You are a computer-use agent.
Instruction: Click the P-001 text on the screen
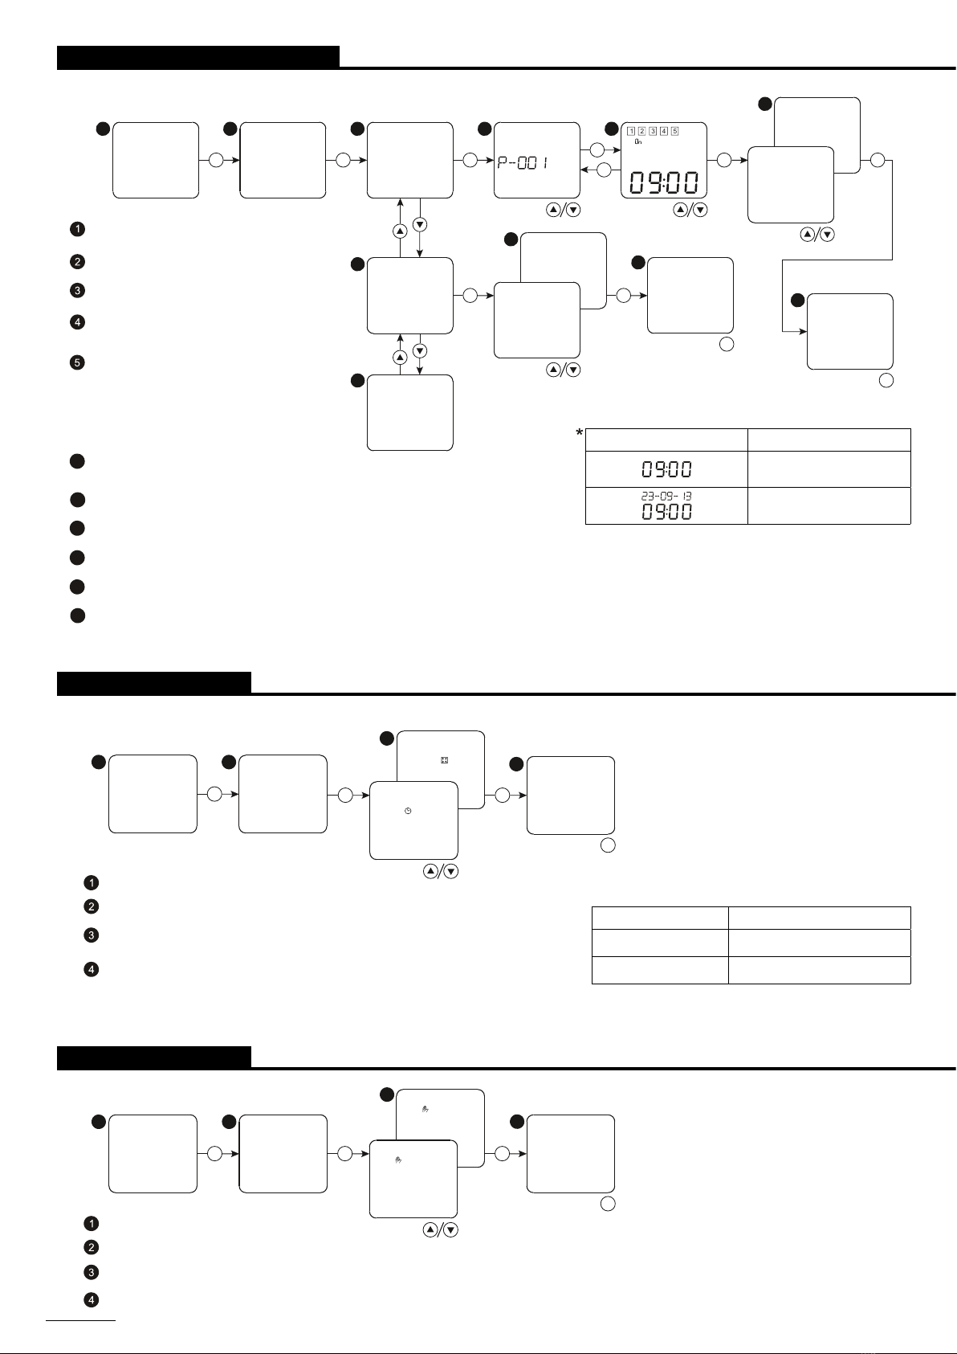pyautogui.click(x=523, y=162)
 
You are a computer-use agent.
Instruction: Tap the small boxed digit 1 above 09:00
pyautogui.click(x=631, y=131)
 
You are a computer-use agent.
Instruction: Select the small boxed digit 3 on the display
pyautogui.click(x=653, y=131)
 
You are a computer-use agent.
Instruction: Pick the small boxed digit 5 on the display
pyautogui.click(x=674, y=131)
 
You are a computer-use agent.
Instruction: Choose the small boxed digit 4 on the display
pyautogui.click(x=664, y=131)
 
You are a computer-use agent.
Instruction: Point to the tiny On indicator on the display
pyautogui.click(x=637, y=142)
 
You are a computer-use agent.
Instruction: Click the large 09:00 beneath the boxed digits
pyautogui.click(x=664, y=182)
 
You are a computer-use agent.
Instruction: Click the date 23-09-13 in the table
pyautogui.click(x=666, y=496)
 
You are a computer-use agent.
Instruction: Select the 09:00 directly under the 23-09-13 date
pyautogui.click(x=666, y=512)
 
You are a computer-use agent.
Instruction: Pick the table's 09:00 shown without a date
pyautogui.click(x=666, y=469)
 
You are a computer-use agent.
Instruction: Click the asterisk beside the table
pyautogui.click(x=580, y=433)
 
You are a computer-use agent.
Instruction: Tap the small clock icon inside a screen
pyautogui.click(x=408, y=811)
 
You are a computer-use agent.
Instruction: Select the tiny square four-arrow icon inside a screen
pyautogui.click(x=445, y=760)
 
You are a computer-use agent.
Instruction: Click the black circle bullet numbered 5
pyautogui.click(x=77, y=362)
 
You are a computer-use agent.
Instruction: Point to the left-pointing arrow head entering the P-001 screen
pyautogui.click(x=584, y=170)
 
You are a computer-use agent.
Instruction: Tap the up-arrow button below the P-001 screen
pyautogui.click(x=553, y=210)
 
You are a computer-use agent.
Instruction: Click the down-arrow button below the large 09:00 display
pyautogui.click(x=700, y=210)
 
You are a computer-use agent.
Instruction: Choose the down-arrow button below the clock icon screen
pyautogui.click(x=451, y=871)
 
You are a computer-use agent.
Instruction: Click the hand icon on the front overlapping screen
pyautogui.click(x=398, y=1160)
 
